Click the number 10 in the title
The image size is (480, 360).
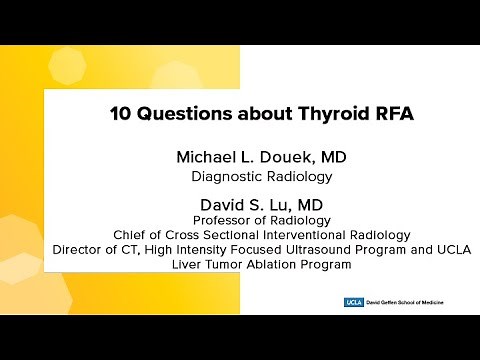(119, 113)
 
